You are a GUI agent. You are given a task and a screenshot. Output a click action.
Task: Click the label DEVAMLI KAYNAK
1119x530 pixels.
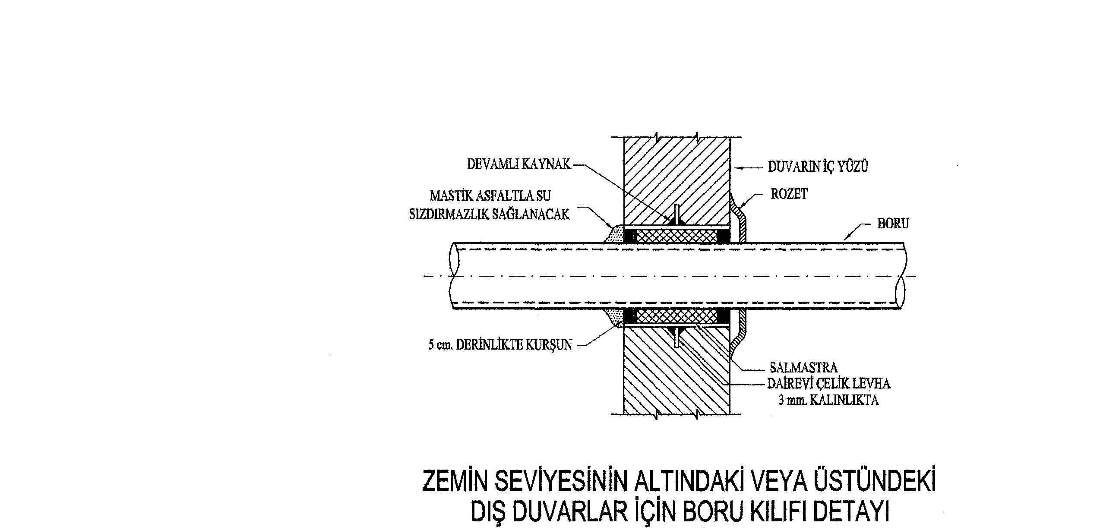[519, 164]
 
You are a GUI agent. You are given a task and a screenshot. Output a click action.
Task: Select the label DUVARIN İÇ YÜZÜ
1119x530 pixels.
[818, 167]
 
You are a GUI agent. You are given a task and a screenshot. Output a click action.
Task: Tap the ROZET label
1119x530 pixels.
[789, 194]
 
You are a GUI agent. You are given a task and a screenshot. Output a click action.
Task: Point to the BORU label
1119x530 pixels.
[893, 224]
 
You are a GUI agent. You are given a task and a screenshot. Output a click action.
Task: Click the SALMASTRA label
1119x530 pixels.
[803, 368]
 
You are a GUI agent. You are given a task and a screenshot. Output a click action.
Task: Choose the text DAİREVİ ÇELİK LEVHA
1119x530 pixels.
[828, 384]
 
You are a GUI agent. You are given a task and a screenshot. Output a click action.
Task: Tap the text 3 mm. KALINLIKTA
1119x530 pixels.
[828, 400]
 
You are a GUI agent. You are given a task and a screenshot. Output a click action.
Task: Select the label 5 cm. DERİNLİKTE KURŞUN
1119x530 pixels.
[500, 345]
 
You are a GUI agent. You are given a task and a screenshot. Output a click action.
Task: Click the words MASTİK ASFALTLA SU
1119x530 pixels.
[490, 196]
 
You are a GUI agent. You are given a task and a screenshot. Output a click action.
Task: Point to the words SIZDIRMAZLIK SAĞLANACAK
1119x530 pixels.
[489, 215]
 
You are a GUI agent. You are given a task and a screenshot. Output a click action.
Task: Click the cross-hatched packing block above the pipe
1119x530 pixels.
[676, 236]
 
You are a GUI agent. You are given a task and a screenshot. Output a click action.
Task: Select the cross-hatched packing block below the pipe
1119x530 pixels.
[676, 316]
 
